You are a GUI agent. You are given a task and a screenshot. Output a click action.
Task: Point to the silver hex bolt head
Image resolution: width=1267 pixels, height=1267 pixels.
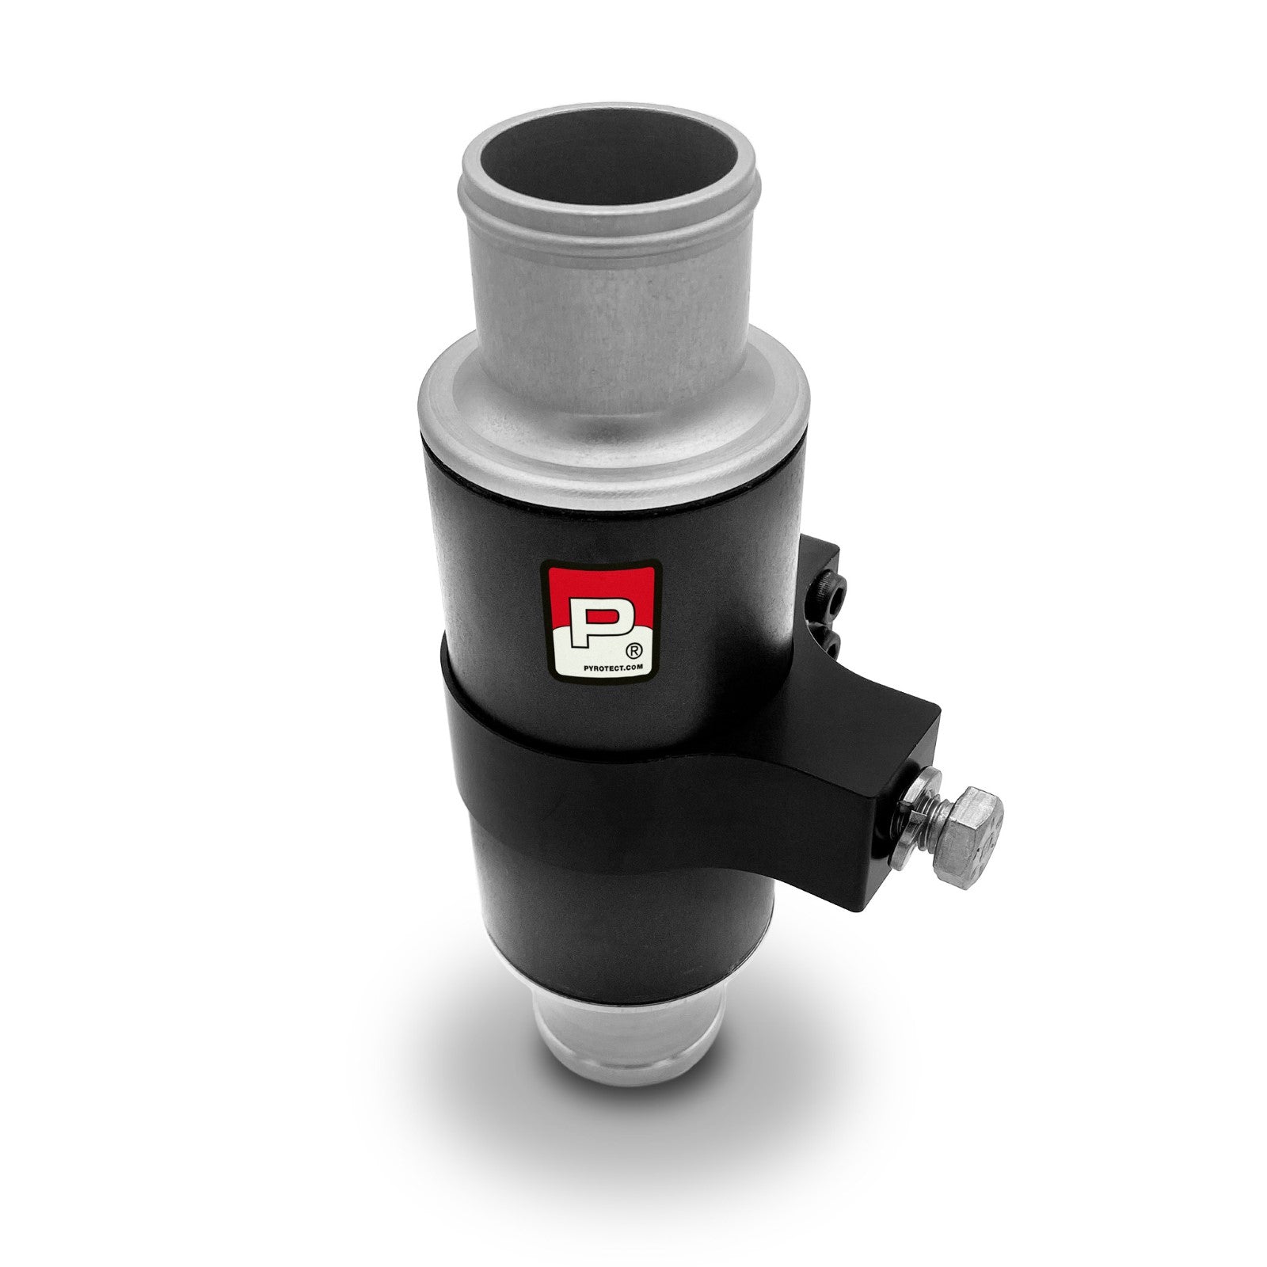click(971, 829)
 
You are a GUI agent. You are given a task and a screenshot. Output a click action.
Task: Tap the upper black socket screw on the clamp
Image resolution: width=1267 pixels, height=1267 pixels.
click(835, 585)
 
